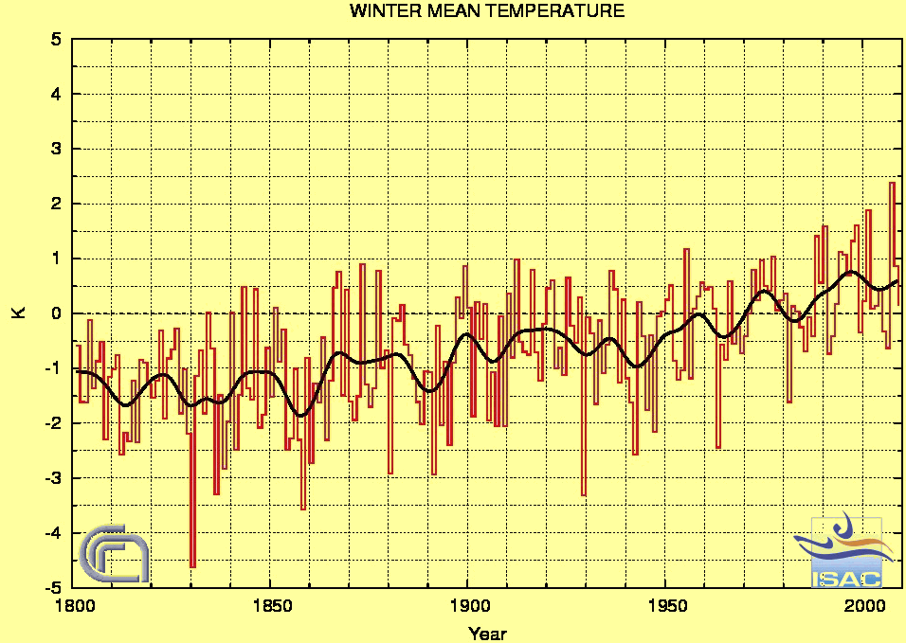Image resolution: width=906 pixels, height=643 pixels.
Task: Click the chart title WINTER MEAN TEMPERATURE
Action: tap(487, 11)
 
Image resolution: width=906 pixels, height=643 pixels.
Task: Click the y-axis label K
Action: tap(17, 313)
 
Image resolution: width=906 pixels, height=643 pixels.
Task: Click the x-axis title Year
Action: tap(487, 633)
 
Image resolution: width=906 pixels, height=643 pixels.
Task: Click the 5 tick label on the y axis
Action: tap(56, 40)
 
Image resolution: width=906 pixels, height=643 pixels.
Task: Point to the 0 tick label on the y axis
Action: tap(56, 313)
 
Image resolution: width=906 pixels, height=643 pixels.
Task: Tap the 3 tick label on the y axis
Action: tap(56, 150)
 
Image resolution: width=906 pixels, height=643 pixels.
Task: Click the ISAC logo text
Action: tap(846, 578)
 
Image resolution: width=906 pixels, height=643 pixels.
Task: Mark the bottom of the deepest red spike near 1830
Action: tap(192, 566)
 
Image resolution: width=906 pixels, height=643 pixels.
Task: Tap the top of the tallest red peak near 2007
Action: tap(892, 183)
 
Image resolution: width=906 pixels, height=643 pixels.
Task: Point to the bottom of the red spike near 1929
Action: tap(584, 494)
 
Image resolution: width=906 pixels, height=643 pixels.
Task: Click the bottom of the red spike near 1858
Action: tap(303, 509)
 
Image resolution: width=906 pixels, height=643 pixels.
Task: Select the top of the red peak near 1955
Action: tap(686, 249)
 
